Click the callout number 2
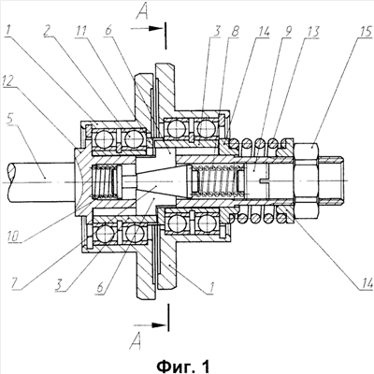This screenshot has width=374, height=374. pyautogui.click(x=48, y=32)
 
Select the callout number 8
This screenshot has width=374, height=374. pyautogui.click(x=236, y=32)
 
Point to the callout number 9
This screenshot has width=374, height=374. pyautogui.click(x=287, y=32)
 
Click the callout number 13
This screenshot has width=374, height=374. pyautogui.click(x=312, y=32)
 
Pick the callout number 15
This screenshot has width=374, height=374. pyautogui.click(x=366, y=32)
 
